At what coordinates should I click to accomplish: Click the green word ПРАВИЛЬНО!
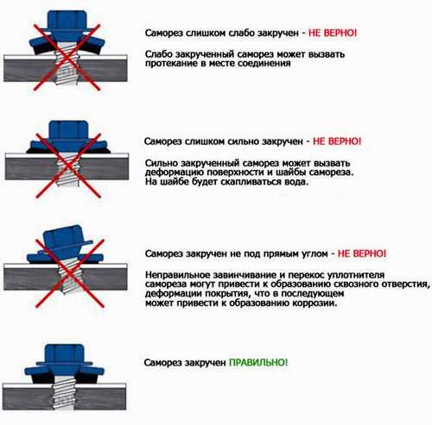tap(258, 362)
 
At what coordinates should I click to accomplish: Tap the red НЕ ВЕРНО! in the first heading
tap(333, 33)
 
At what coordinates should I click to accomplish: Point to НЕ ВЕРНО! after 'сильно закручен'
tap(337, 141)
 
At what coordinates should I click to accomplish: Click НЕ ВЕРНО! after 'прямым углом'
tap(362, 253)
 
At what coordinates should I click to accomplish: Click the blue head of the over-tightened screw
tap(68, 135)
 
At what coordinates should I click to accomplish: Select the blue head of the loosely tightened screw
tap(67, 28)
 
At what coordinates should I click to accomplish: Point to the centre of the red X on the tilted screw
tap(70, 273)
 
